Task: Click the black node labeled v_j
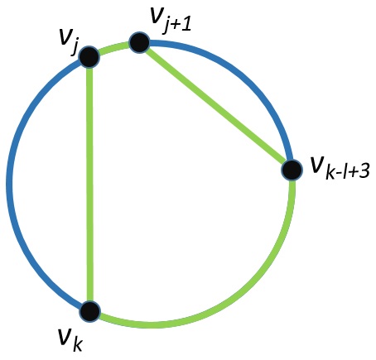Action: [x=89, y=57]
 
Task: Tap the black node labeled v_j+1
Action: [x=139, y=42]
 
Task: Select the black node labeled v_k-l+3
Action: [x=292, y=170]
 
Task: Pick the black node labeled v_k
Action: [x=89, y=311]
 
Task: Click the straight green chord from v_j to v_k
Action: [x=89, y=184]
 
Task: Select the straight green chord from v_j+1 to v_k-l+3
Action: [x=216, y=106]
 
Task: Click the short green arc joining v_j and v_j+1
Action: [x=113, y=47]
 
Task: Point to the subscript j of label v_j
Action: [x=74, y=49]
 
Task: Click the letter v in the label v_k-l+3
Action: [x=317, y=165]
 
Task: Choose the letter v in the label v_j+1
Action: [x=158, y=16]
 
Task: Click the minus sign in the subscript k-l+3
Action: [x=339, y=172]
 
